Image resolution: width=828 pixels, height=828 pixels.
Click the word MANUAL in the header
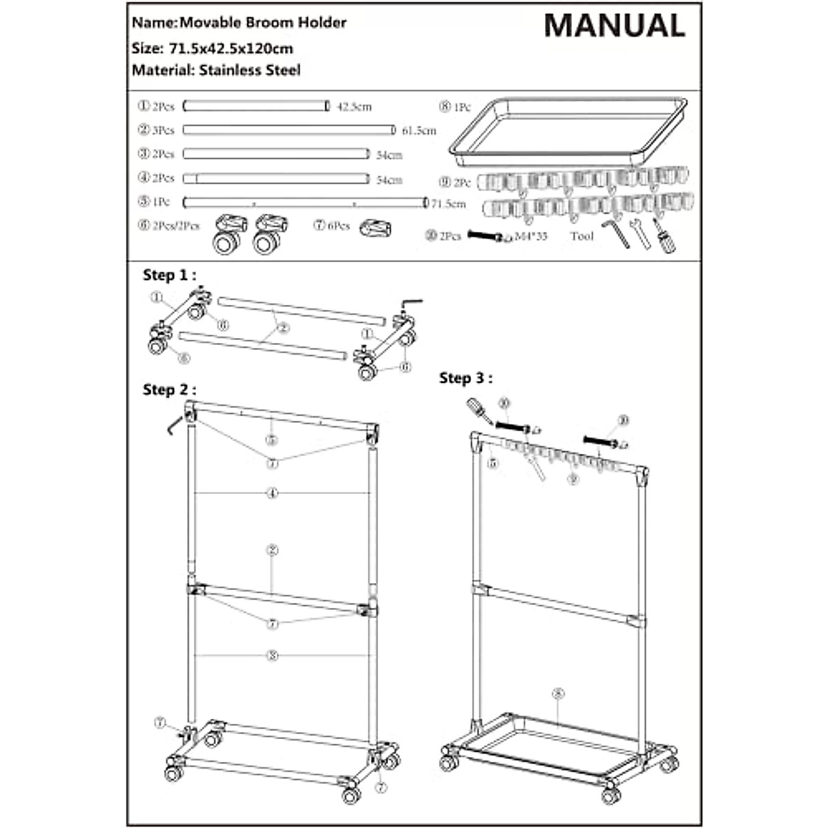[614, 26]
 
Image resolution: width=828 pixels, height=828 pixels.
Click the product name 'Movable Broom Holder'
[262, 23]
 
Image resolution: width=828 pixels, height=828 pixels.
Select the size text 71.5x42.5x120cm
[230, 48]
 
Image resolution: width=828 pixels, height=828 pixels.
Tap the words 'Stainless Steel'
[250, 70]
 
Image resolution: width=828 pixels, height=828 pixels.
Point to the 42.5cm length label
[353, 106]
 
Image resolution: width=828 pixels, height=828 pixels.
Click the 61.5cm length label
[419, 130]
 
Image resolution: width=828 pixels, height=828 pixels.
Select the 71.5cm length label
[448, 204]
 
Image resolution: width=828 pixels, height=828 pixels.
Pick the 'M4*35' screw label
[531, 236]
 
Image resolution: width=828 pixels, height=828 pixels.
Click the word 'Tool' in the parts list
[582, 236]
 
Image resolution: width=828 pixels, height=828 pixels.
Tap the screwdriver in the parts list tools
[663, 236]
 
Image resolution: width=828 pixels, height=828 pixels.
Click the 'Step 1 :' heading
[169, 275]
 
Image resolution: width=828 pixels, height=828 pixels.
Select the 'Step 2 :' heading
[169, 390]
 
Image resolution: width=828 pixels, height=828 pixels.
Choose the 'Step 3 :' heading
[466, 378]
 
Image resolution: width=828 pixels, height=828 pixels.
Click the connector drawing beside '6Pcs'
[375, 228]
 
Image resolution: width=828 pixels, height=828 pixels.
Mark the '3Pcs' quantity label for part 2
[164, 130]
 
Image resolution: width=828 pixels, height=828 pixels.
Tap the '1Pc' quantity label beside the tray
[462, 108]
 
